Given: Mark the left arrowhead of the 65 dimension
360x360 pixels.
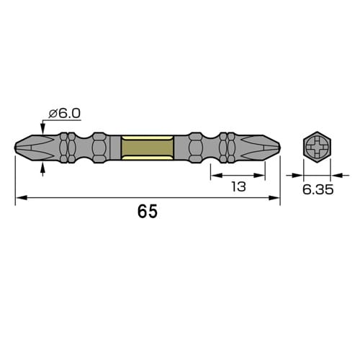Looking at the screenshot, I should [x=19, y=197].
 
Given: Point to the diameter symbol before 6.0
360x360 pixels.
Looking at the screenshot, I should [x=52, y=113].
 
